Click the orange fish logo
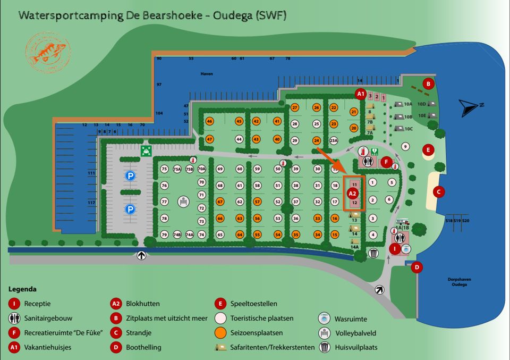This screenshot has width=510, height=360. click(x=48, y=53)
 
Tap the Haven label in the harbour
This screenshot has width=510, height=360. click(x=207, y=74)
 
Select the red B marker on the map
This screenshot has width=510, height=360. click(x=428, y=83)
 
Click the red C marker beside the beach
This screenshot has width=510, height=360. click(x=439, y=191)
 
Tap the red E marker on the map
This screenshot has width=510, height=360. click(x=428, y=150)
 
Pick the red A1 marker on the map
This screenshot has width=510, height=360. click(x=361, y=95)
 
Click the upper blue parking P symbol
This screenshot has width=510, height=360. click(x=130, y=175)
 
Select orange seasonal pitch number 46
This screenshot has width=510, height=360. click(x=210, y=121)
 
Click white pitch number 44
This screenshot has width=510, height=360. click(x=239, y=139)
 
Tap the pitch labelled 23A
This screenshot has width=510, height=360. click(x=334, y=140)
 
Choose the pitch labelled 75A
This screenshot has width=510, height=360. click(x=177, y=169)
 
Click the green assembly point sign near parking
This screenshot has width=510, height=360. click(x=144, y=150)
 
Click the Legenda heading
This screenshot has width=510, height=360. click(x=23, y=289)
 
